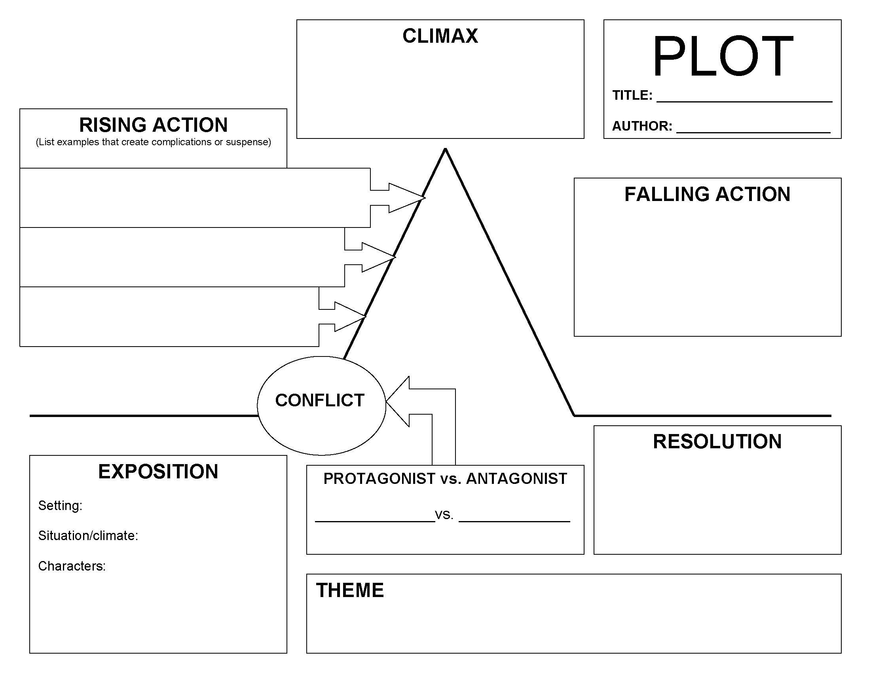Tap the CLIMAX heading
coord(440,36)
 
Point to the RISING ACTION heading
coord(153,125)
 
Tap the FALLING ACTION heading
coord(707,195)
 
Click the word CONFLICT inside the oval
coord(319,400)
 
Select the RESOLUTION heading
coord(717,442)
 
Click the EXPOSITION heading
coord(158,472)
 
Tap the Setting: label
coord(60,506)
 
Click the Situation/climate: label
coord(88,535)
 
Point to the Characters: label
coord(72,566)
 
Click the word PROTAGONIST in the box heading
coord(379,479)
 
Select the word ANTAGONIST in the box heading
coord(516,479)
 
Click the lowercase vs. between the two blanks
coord(444,515)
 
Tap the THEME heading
coord(350,590)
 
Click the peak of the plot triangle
coord(445,150)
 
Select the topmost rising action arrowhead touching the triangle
coord(407,198)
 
